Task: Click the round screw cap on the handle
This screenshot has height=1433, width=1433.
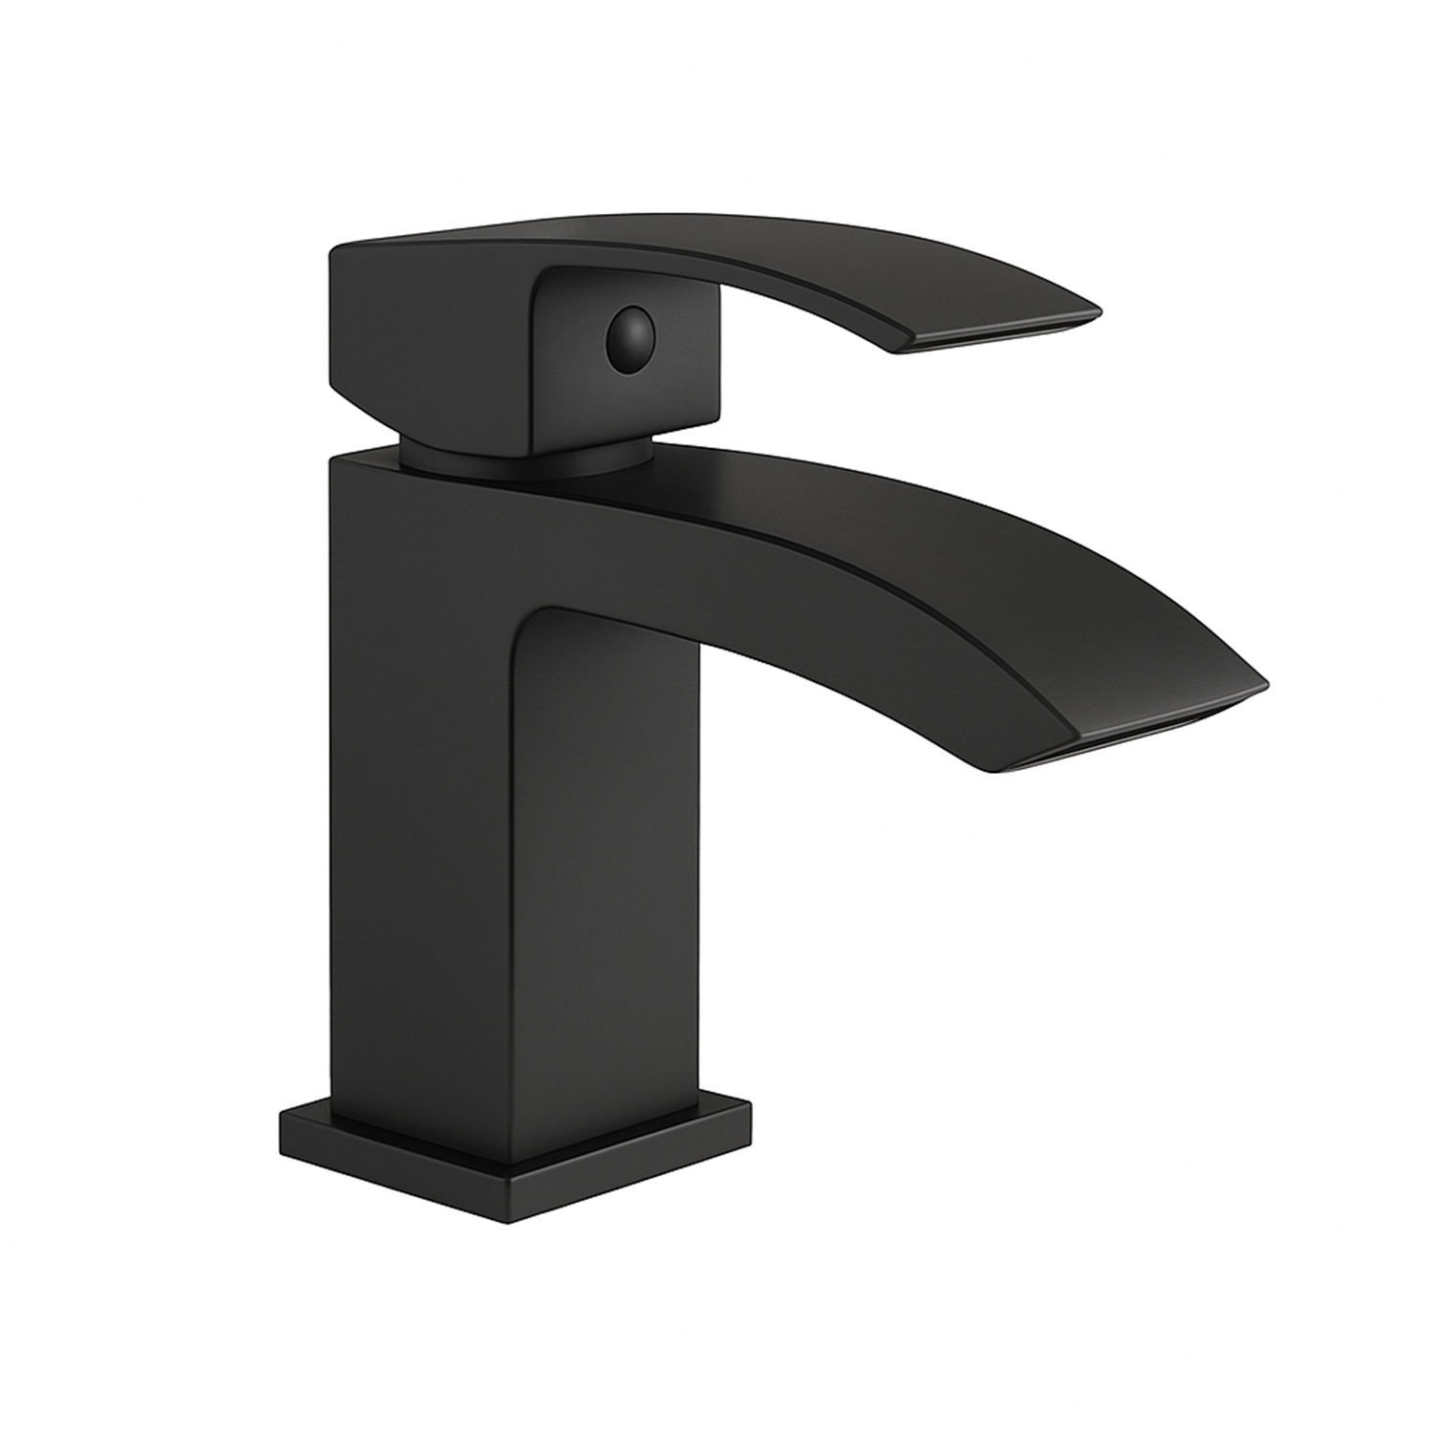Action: click(x=627, y=335)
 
